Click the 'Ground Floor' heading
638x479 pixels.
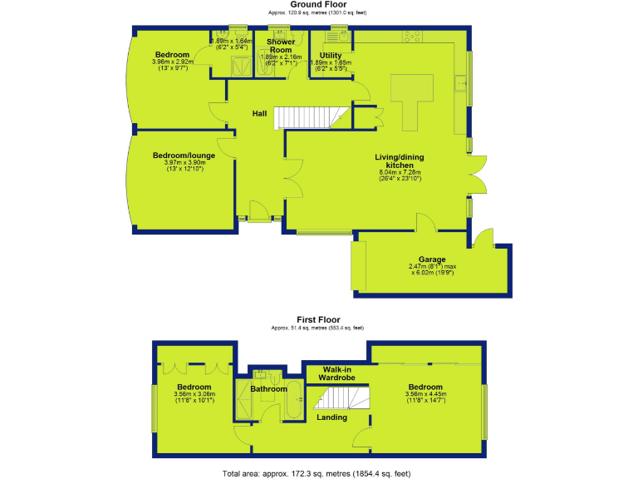[318, 5]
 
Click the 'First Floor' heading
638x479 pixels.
[318, 319]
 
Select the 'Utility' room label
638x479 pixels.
[331, 55]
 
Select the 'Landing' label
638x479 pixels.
[332, 417]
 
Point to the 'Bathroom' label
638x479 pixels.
[270, 388]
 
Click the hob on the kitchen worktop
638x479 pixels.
[411, 36]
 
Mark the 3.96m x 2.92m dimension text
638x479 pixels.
[173, 62]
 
